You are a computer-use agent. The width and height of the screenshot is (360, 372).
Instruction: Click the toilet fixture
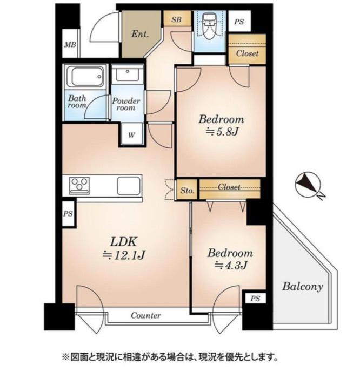[210, 25]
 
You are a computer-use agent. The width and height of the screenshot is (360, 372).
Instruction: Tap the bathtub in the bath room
[85, 77]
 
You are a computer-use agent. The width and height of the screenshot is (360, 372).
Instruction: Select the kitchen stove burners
[79, 185]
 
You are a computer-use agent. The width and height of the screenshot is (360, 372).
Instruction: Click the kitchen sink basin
[129, 186]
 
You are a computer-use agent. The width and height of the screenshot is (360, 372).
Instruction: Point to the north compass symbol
[308, 184]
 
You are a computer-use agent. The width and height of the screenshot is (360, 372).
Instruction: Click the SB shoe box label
[176, 19]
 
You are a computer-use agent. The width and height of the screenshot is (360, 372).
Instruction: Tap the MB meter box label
[70, 44]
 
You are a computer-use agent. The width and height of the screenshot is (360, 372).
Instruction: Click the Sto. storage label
[187, 190]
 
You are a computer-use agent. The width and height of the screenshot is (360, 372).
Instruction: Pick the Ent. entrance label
[140, 34]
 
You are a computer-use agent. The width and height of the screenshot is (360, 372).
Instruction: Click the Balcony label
[303, 286]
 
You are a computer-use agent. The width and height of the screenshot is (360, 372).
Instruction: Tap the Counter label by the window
[146, 315]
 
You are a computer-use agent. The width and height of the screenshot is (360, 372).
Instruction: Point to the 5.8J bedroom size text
[222, 132]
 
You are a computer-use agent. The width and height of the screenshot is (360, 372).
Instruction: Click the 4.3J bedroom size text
[231, 265]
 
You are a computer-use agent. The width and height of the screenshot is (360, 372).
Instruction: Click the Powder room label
[126, 104]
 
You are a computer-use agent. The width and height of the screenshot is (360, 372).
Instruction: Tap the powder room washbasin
[128, 73]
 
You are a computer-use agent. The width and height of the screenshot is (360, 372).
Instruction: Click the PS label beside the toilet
[239, 22]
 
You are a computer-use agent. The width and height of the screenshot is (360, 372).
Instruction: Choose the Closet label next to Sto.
[229, 187]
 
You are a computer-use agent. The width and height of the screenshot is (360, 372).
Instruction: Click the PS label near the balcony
[255, 299]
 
